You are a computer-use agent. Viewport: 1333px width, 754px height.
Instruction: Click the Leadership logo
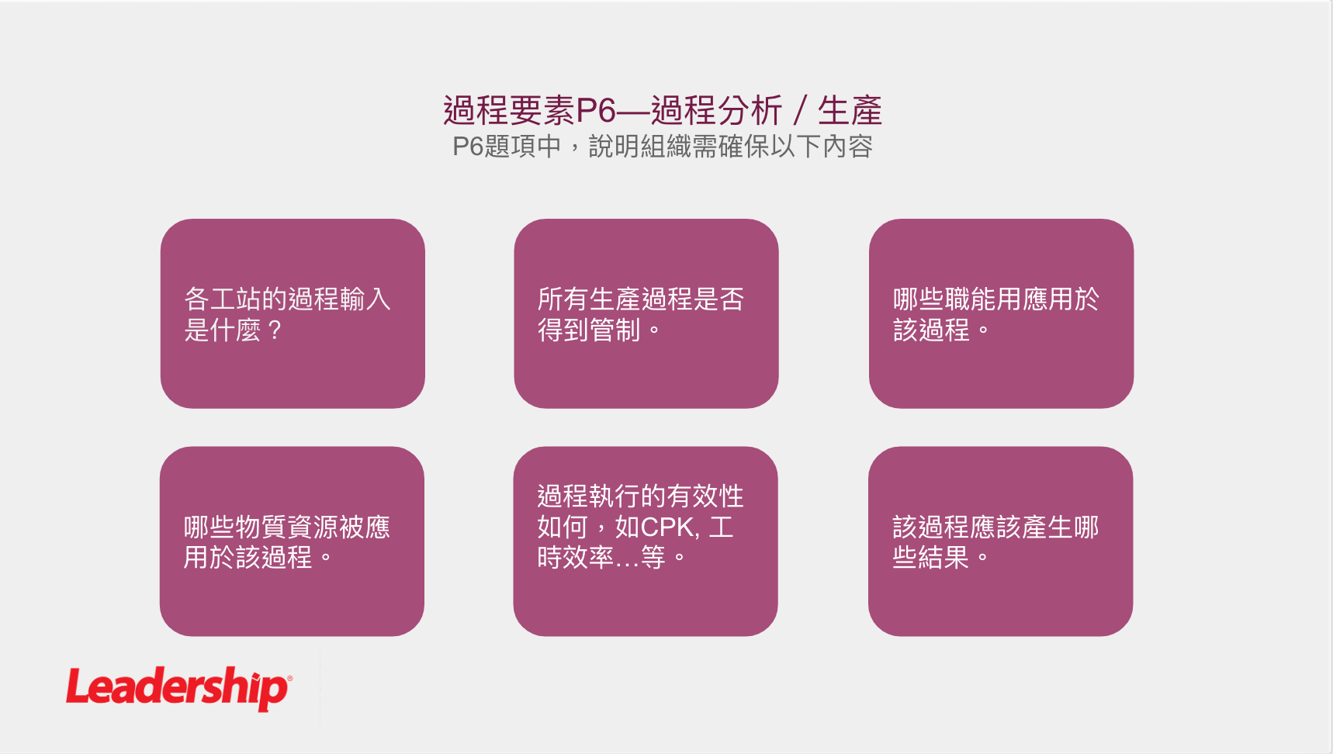tap(178, 688)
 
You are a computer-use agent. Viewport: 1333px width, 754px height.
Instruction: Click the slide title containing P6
tap(663, 110)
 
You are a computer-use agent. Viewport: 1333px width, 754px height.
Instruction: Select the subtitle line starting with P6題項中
tap(663, 146)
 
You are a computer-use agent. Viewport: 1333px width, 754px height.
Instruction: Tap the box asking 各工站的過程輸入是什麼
tap(293, 313)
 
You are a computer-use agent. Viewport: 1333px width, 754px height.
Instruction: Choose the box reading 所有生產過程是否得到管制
tap(646, 313)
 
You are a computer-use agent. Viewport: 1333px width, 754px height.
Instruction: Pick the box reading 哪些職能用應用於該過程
tap(1001, 313)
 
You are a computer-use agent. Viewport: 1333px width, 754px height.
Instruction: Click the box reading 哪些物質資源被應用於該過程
tap(292, 541)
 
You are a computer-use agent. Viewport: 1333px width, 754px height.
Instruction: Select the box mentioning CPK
tap(646, 541)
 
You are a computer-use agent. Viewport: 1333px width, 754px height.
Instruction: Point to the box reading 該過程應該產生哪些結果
tap(1000, 541)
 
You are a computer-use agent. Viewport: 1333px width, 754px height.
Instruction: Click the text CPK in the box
tap(666, 527)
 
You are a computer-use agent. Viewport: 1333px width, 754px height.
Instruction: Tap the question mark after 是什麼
tap(274, 330)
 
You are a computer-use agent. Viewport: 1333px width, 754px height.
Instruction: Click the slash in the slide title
tap(800, 110)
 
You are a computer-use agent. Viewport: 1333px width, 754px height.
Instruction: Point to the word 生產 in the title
tap(850, 110)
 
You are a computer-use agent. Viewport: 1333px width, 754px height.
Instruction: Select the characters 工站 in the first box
tap(236, 299)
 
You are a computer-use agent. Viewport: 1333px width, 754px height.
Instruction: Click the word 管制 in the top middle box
tap(615, 330)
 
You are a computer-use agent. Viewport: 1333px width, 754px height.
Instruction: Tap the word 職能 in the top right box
tap(971, 299)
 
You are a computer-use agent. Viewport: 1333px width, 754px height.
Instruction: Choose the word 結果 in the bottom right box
tap(943, 557)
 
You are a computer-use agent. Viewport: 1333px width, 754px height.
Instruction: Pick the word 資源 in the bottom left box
tap(313, 527)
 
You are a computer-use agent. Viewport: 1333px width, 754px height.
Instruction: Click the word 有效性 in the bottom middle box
tap(705, 496)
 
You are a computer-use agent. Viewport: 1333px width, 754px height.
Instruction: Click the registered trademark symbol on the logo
tap(289, 679)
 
